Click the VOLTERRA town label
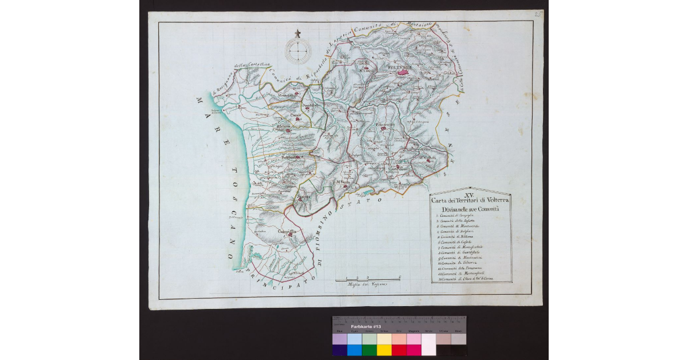[400, 68]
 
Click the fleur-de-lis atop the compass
[298, 33]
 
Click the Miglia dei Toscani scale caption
[367, 284]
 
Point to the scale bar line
[367, 279]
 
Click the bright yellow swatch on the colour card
[384, 350]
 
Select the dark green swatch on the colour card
[369, 350]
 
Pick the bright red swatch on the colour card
[399, 350]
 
